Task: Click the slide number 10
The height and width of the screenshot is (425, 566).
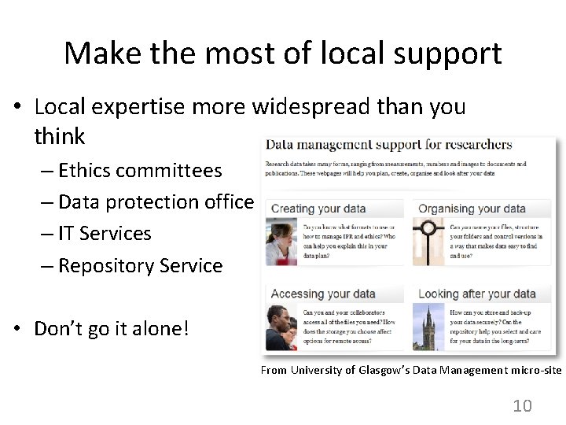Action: pos(522,405)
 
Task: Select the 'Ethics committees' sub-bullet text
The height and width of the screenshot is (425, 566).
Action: pos(140,170)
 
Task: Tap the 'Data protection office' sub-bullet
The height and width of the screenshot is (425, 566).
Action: pos(156,202)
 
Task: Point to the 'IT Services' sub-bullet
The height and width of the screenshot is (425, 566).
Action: pos(104,234)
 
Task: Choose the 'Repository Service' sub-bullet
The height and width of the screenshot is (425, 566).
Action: pos(140,266)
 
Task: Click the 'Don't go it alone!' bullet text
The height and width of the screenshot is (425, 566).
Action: pos(111,328)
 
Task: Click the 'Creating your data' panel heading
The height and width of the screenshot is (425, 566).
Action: pos(318,209)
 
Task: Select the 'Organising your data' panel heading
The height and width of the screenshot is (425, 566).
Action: pos(472,209)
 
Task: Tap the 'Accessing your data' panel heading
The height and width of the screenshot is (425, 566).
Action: pos(322,294)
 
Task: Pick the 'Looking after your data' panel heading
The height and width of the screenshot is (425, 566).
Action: pos(476,294)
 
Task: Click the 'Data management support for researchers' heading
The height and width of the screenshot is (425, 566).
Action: pos(388,145)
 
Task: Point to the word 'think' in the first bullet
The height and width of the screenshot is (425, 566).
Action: pos(59,136)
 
